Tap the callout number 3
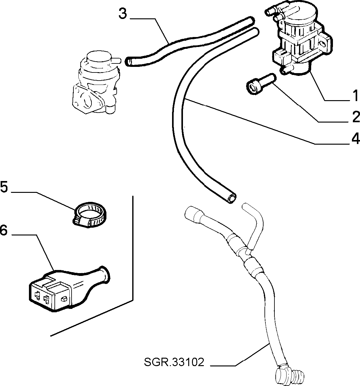[123, 13]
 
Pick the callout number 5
[4, 187]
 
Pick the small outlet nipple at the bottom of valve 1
[287, 70]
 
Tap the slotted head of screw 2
[252, 89]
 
